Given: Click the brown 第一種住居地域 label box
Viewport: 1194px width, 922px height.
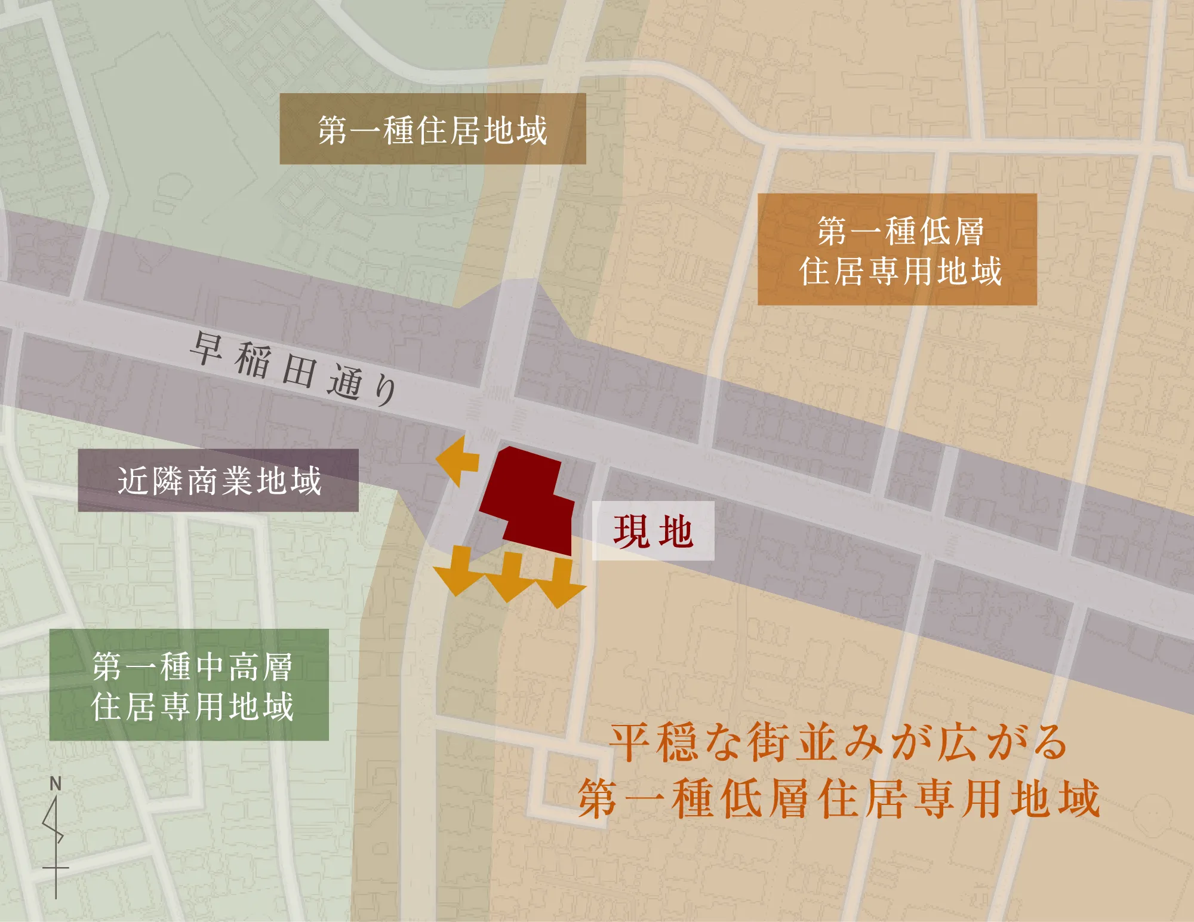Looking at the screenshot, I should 432,129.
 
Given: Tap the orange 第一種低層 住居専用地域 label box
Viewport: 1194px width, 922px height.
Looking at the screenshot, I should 897,250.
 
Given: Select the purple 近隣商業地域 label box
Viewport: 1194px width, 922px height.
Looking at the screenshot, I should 218,481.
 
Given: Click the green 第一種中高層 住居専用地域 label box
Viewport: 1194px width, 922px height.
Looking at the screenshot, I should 189,685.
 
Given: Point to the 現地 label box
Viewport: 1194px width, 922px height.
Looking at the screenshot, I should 653,531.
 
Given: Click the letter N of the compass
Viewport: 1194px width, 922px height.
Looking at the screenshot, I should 56,783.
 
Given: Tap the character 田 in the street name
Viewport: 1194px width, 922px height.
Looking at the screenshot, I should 298,371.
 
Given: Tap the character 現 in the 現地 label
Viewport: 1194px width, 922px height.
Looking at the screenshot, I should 632,531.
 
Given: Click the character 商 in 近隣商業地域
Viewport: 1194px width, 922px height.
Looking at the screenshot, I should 202,481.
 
